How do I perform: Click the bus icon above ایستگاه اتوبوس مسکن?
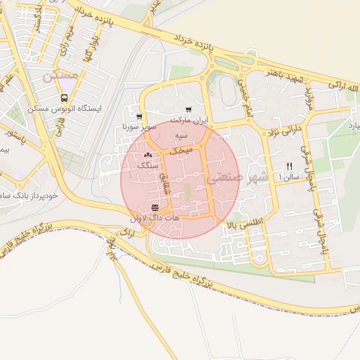[65, 98]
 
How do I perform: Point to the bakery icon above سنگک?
[148, 155]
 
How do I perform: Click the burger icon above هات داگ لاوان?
[155, 208]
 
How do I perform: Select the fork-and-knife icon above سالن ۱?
[288, 166]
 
